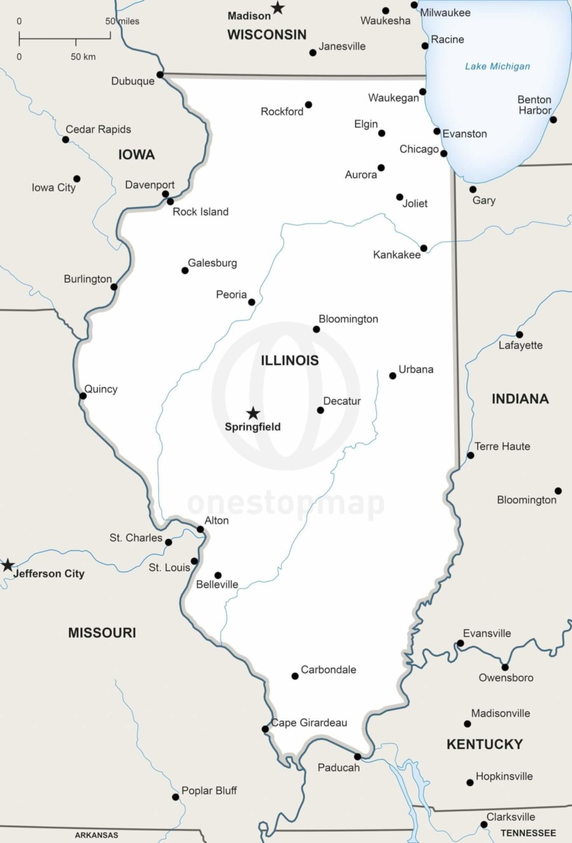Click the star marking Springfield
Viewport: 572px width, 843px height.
click(x=253, y=414)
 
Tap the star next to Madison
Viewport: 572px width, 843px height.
click(x=278, y=8)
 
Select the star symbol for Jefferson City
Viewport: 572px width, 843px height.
click(x=8, y=566)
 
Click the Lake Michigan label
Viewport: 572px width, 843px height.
click(x=497, y=66)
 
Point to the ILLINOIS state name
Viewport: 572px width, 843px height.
click(x=290, y=361)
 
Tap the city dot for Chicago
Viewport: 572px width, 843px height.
click(x=444, y=153)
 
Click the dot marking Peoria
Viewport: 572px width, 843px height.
click(x=252, y=302)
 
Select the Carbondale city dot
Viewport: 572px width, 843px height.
click(x=295, y=676)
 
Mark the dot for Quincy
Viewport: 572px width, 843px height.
click(x=83, y=396)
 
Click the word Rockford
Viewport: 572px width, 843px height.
click(x=282, y=112)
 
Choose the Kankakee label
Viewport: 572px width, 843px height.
click(x=397, y=255)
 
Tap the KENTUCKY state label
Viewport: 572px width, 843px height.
click(x=484, y=744)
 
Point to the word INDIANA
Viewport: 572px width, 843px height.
click(x=520, y=399)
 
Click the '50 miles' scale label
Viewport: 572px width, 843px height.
click(x=122, y=21)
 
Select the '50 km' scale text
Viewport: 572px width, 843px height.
click(x=83, y=57)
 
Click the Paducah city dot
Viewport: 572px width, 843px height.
click(x=357, y=756)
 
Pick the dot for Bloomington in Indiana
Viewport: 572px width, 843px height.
click(x=558, y=491)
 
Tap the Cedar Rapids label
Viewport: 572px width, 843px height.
click(x=99, y=129)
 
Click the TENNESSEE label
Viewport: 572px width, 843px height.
click(x=528, y=833)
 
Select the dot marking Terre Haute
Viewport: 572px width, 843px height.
click(x=470, y=455)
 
